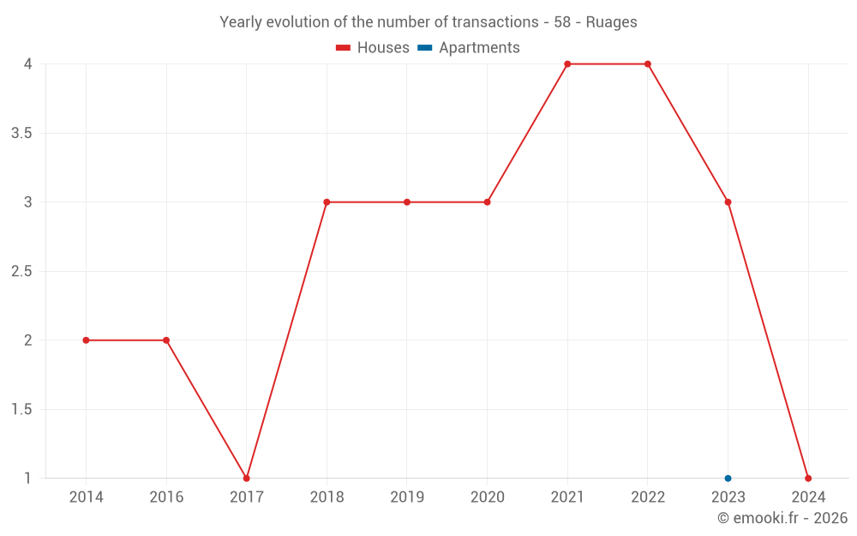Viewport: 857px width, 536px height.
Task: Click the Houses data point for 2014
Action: click(x=86, y=340)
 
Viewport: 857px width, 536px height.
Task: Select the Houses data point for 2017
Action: click(x=247, y=479)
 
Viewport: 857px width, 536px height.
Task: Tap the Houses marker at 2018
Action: click(x=327, y=202)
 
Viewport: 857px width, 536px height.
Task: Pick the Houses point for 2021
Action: click(x=567, y=64)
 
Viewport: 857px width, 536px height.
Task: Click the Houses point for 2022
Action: click(x=648, y=64)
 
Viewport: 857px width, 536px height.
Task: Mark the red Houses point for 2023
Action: click(x=728, y=202)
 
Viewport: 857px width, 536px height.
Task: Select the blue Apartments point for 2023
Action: click(x=728, y=479)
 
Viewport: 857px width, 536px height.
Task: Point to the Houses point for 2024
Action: click(x=808, y=479)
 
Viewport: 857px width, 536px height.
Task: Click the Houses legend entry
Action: click(x=373, y=48)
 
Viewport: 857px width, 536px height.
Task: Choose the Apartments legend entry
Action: click(x=469, y=48)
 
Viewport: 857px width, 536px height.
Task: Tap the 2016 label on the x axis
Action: click(x=166, y=497)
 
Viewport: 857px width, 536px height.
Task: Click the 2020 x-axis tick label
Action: click(x=487, y=497)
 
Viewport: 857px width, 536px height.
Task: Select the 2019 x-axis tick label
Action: click(x=407, y=497)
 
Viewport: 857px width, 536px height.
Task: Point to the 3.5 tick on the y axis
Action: click(x=21, y=134)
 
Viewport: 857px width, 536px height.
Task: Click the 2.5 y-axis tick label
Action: click(x=21, y=272)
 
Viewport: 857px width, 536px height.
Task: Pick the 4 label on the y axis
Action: click(x=28, y=64)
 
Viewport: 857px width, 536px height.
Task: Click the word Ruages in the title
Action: click(x=611, y=22)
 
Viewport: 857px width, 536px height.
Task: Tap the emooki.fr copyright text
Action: click(x=782, y=518)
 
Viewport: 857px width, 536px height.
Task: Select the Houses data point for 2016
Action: click(x=166, y=340)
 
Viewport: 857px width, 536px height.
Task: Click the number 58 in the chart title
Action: click(x=562, y=22)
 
